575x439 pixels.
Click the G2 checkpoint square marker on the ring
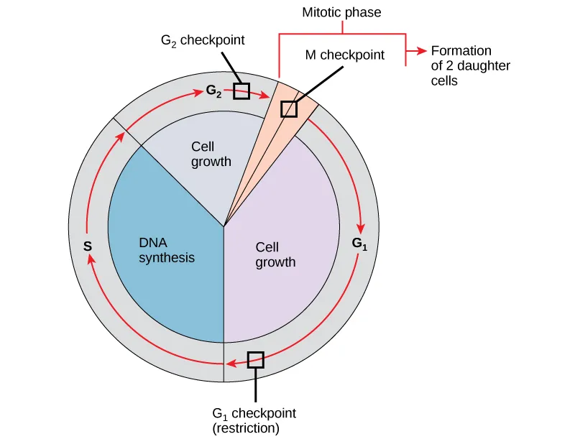(241, 91)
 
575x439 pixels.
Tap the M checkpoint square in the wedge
(288, 108)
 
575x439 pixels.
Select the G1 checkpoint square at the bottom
(255, 359)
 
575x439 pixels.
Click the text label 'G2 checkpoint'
(202, 41)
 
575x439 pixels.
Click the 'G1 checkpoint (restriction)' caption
(254, 421)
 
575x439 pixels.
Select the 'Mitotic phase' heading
(341, 12)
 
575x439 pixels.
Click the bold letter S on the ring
(87, 246)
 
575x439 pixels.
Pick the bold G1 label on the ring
(359, 243)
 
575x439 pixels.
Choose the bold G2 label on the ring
(213, 91)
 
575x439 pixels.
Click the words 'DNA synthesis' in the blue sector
(167, 250)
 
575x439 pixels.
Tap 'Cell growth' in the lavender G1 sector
(275, 254)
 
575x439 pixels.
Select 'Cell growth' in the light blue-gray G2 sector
(211, 154)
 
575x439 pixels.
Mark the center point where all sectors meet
(224, 227)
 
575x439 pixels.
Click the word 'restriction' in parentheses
(245, 428)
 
